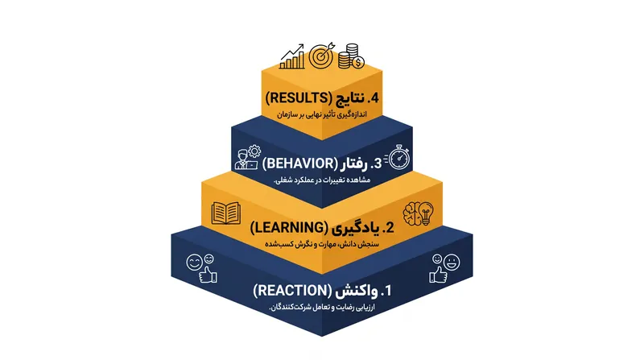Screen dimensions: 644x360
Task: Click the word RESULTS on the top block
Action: pyautogui.click(x=299, y=97)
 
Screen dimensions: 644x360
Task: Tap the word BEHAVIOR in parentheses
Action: pyautogui.click(x=299, y=163)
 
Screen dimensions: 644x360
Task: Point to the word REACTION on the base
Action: pyautogui.click(x=292, y=291)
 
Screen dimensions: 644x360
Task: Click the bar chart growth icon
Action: pyautogui.click(x=292, y=56)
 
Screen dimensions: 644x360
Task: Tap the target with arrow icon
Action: pyautogui.click(x=321, y=56)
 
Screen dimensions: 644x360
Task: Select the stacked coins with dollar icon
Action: pyautogui.click(x=351, y=56)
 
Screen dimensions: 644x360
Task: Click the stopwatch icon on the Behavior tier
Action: pyautogui.click(x=398, y=156)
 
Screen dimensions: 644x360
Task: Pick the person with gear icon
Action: pyautogui.click(x=248, y=157)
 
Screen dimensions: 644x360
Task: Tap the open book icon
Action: pyautogui.click(x=226, y=213)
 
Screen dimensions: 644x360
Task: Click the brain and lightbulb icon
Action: pyautogui.click(x=418, y=213)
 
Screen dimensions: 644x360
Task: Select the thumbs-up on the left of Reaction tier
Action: pyautogui.click(x=208, y=275)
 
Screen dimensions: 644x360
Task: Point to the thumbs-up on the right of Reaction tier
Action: pyautogui.click(x=438, y=275)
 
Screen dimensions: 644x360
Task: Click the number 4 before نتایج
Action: pyautogui.click(x=374, y=98)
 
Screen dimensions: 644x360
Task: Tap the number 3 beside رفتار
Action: pyautogui.click(x=377, y=163)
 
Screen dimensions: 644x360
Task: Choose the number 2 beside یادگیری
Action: pyautogui.click(x=388, y=228)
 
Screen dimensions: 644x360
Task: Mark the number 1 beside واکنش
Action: pyautogui.click(x=386, y=291)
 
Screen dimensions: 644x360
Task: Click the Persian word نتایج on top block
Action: pyautogui.click(x=350, y=98)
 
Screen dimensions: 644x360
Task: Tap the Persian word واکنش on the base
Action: pyautogui.click(x=357, y=292)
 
